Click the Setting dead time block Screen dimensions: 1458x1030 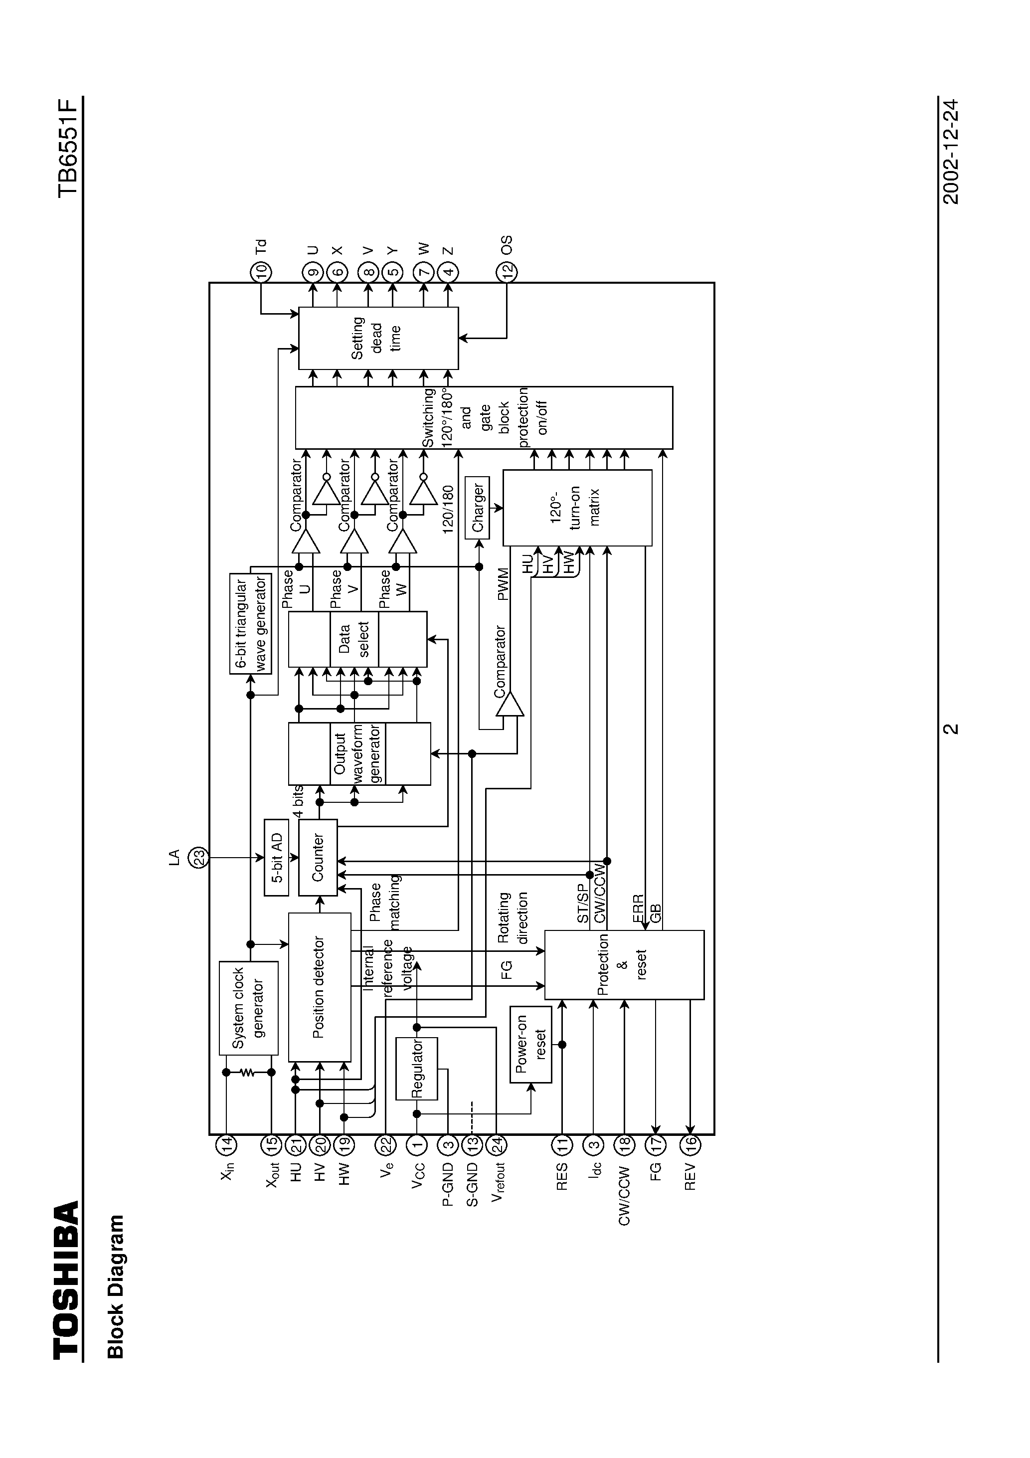coord(378,338)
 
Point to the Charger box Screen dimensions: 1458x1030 coord(478,508)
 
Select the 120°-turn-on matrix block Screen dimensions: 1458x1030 coord(577,508)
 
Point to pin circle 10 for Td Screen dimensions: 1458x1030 coord(260,272)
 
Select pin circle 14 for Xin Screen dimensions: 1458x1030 coord(226,1144)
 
